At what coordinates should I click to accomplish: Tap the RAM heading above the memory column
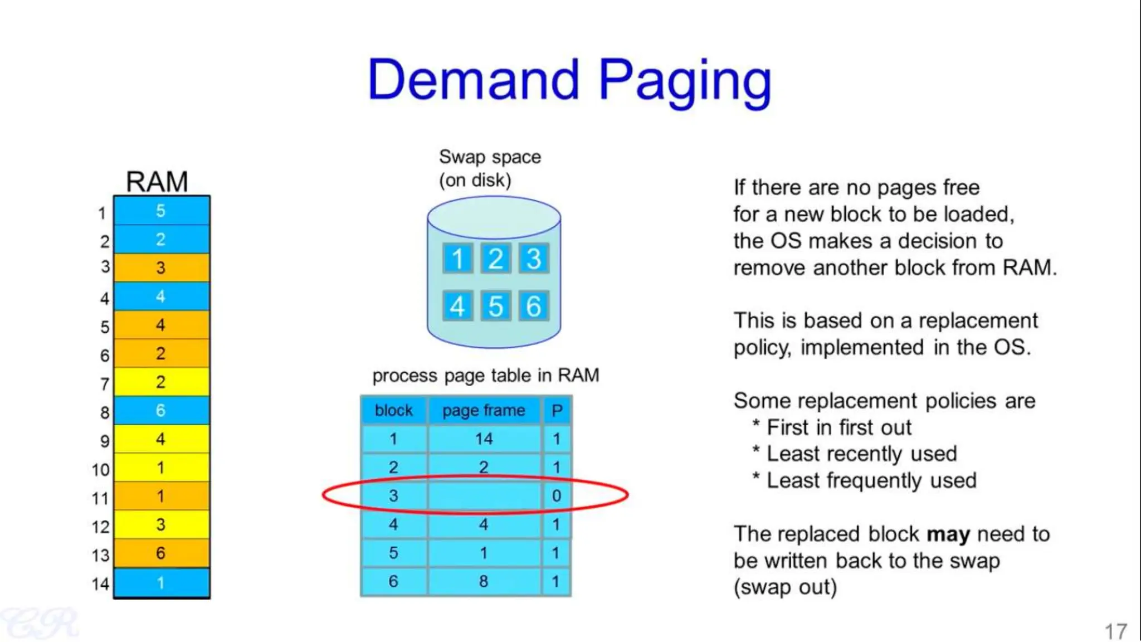click(157, 181)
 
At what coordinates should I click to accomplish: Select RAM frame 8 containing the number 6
click(161, 410)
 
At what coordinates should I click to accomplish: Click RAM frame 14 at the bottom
click(161, 582)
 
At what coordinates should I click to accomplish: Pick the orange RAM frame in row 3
click(161, 267)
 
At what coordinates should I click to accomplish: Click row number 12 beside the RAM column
click(101, 526)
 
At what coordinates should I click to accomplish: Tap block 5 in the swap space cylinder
click(495, 306)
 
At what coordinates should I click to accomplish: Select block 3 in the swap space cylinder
click(534, 258)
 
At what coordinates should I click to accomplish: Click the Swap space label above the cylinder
click(489, 157)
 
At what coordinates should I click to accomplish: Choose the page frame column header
click(484, 410)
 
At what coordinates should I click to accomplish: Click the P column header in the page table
click(557, 410)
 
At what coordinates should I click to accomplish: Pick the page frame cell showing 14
click(484, 439)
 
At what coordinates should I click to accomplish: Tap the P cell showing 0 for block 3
click(557, 495)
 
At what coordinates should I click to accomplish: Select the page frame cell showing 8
click(484, 581)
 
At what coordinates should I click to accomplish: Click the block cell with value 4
click(393, 524)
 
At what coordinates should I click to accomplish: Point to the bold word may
click(948, 534)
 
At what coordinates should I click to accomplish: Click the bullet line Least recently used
click(861, 454)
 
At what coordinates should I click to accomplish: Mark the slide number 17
click(1115, 631)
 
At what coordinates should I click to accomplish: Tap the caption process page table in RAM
click(485, 376)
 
